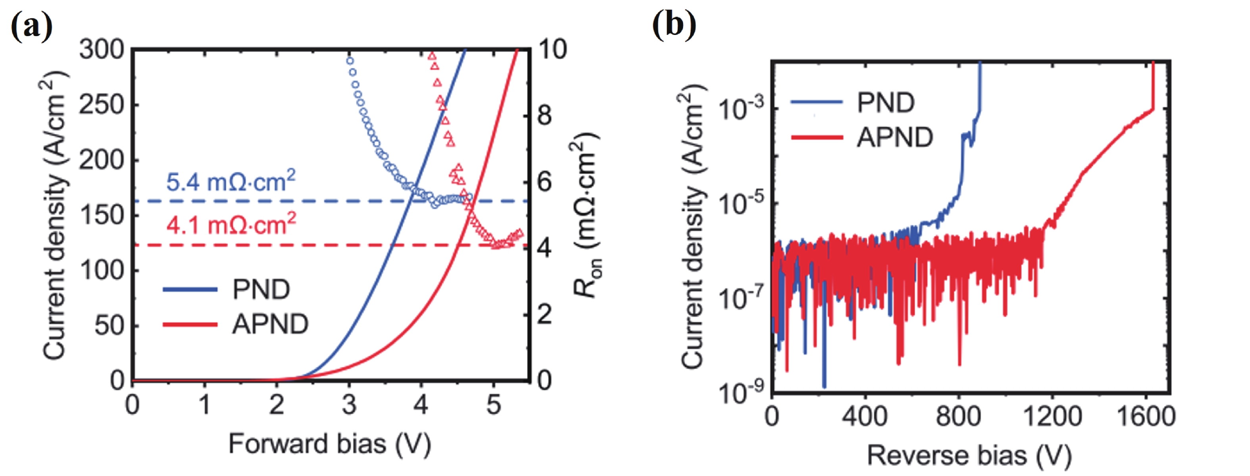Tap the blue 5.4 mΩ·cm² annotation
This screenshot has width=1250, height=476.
231,181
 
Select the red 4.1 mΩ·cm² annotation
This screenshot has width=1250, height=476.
231,225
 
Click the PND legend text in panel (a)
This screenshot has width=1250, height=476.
261,290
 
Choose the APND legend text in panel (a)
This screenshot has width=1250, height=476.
270,324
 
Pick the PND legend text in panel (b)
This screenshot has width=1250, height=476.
886,103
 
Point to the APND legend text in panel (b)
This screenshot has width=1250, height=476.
895,137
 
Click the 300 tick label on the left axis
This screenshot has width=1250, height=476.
102,50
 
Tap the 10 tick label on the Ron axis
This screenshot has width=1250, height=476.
552,50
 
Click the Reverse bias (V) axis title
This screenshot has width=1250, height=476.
969,456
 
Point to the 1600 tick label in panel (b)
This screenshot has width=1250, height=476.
1146,417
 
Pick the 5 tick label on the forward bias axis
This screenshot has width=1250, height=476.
494,405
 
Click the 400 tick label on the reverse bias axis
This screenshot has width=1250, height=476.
865,417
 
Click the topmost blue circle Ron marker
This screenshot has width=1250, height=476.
349,61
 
